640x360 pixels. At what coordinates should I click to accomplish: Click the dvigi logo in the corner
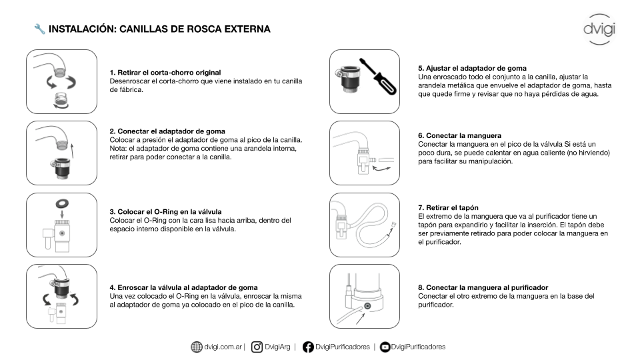(599, 29)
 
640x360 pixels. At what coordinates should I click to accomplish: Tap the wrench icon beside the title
(39, 29)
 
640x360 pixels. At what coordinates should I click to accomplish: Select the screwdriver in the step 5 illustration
(378, 76)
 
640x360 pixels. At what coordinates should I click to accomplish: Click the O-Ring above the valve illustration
(62, 203)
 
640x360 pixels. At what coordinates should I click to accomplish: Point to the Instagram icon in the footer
(257, 347)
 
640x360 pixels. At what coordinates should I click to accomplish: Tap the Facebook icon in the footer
(308, 347)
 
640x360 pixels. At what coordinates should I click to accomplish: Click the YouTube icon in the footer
(385, 347)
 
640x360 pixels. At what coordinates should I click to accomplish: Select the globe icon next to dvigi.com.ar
(197, 347)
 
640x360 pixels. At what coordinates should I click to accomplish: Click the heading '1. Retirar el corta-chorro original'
(165, 73)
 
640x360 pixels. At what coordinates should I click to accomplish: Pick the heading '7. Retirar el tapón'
(448, 208)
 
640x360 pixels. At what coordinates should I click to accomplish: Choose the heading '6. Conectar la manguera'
(459, 135)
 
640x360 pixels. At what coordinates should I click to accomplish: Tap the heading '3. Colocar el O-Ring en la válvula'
(166, 212)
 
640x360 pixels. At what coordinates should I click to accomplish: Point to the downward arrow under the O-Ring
(62, 213)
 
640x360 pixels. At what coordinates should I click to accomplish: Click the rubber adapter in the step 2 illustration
(61, 167)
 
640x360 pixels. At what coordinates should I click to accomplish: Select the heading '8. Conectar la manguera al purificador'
(483, 288)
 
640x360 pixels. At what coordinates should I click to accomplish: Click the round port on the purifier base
(367, 306)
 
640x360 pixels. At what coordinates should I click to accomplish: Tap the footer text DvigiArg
(277, 347)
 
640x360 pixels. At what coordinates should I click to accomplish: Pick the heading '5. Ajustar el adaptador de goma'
(472, 69)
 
